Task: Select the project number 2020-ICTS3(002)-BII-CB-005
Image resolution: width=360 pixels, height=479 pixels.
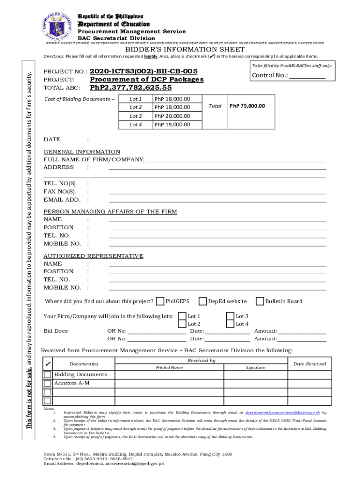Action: point(144,71)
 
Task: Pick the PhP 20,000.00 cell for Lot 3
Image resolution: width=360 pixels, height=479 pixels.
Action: point(172,116)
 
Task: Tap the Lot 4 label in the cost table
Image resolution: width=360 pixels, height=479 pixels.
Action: point(136,124)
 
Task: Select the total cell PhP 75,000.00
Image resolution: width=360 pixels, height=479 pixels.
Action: point(247,106)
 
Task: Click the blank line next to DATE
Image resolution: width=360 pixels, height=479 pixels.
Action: point(152,139)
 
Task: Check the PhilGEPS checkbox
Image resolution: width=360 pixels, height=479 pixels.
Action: point(160,301)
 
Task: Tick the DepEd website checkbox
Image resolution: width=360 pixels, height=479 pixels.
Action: point(202,301)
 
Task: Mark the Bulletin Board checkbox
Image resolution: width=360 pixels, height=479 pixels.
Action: point(260,301)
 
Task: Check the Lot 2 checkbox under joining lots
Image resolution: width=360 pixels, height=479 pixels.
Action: point(182,324)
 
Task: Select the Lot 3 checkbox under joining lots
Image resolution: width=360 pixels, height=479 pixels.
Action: point(230,316)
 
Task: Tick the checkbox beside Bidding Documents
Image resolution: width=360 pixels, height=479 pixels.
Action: point(48,375)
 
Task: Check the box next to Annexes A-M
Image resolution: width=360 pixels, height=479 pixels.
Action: point(48,383)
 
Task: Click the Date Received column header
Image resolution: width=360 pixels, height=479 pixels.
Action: point(310,364)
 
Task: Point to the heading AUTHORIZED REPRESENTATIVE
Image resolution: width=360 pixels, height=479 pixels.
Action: point(94,256)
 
